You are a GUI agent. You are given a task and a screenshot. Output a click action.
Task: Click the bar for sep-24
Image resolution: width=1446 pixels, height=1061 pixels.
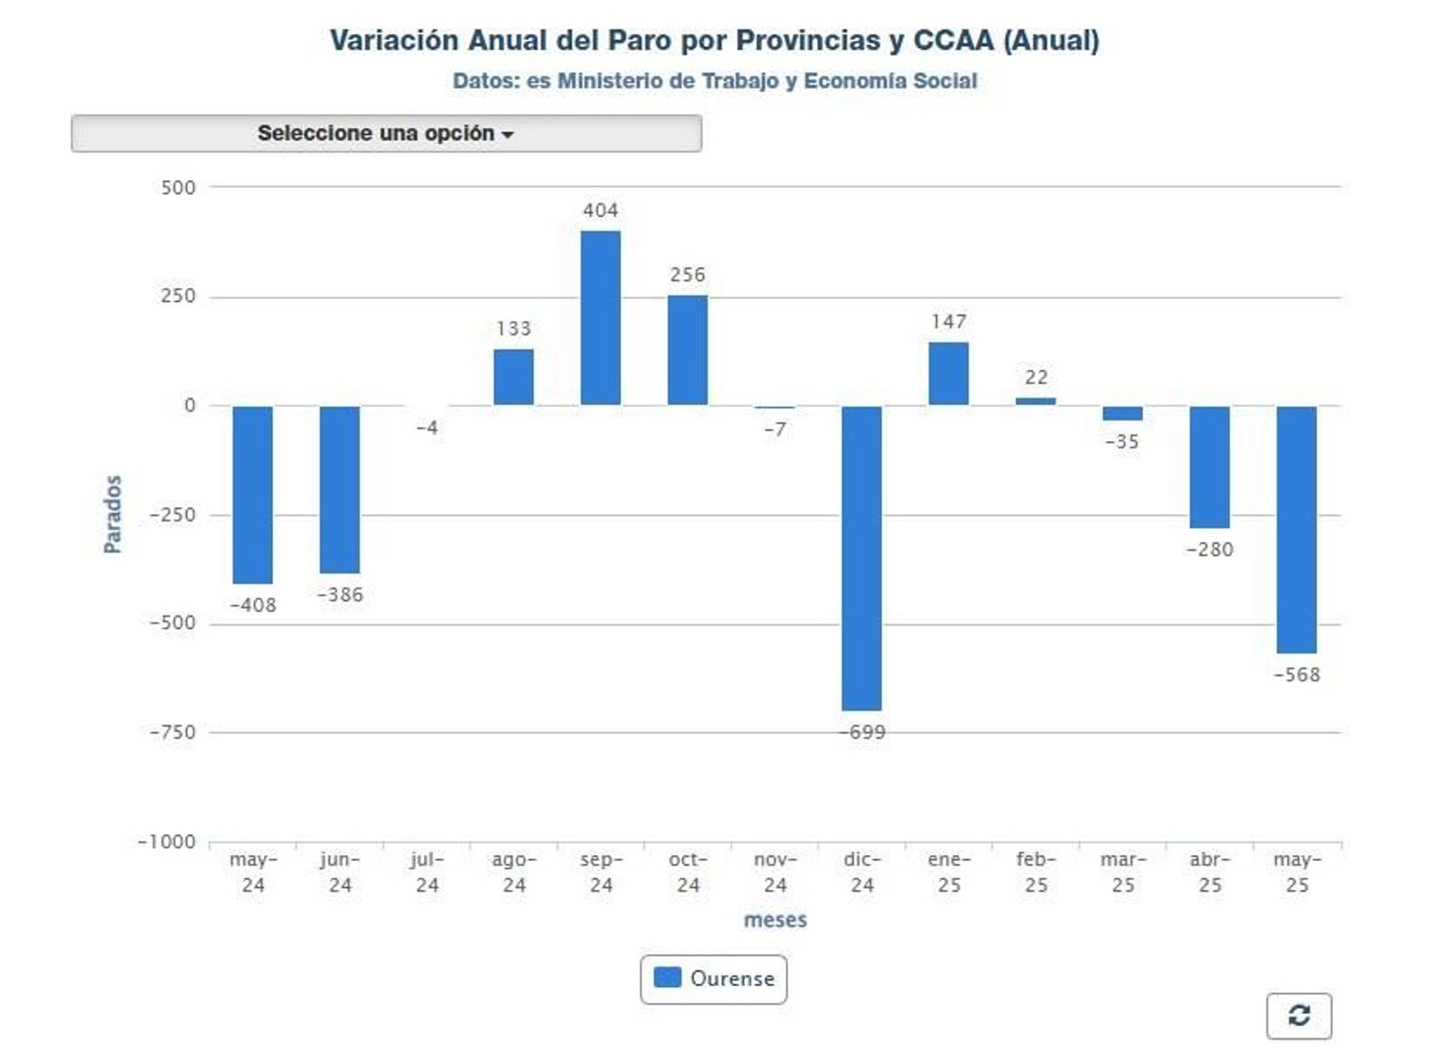click(x=600, y=318)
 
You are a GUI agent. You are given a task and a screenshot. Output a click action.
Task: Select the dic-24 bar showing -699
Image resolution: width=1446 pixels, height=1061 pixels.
click(x=861, y=558)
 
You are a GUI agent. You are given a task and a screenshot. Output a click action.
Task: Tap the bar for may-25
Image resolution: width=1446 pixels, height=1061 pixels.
click(x=1296, y=529)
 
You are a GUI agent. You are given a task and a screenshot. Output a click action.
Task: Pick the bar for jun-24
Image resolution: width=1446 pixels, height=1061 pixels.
click(x=340, y=489)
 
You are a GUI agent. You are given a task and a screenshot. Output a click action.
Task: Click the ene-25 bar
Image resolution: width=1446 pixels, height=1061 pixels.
click(x=948, y=373)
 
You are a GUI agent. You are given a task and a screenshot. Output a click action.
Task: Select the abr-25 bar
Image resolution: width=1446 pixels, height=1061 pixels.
click(x=1209, y=466)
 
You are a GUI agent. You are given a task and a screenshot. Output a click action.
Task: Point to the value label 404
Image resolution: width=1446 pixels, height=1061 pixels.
click(x=600, y=211)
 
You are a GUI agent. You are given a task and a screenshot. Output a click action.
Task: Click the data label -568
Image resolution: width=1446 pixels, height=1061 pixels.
click(x=1296, y=675)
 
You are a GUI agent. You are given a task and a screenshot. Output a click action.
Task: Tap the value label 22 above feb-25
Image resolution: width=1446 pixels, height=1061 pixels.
click(x=1036, y=377)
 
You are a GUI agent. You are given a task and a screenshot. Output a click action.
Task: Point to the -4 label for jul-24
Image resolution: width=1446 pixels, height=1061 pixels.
click(x=427, y=427)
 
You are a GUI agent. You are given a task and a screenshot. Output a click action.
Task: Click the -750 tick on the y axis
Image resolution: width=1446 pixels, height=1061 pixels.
click(x=172, y=732)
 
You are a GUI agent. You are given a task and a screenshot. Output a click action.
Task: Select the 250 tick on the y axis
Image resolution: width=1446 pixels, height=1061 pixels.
click(x=177, y=296)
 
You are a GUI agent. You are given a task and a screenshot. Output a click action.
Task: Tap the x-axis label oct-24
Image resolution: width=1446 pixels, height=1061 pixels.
click(x=688, y=872)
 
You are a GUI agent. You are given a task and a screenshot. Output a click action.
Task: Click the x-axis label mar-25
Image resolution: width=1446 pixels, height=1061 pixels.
click(x=1122, y=872)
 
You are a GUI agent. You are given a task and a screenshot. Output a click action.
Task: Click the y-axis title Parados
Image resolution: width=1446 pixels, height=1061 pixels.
click(x=112, y=514)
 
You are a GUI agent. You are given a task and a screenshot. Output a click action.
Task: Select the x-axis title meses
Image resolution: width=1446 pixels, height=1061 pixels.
click(x=775, y=920)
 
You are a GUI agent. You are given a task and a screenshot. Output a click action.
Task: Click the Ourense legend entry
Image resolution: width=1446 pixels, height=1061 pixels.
click(x=713, y=979)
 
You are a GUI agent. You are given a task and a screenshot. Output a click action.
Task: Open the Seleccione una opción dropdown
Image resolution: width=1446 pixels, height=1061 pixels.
click(x=386, y=134)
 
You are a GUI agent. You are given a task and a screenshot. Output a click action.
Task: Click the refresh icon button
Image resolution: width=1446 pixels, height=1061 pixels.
click(x=1299, y=1016)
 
